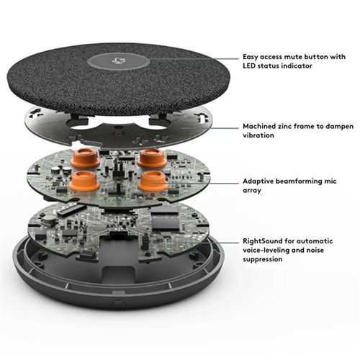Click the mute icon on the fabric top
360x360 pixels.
click(x=120, y=63)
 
